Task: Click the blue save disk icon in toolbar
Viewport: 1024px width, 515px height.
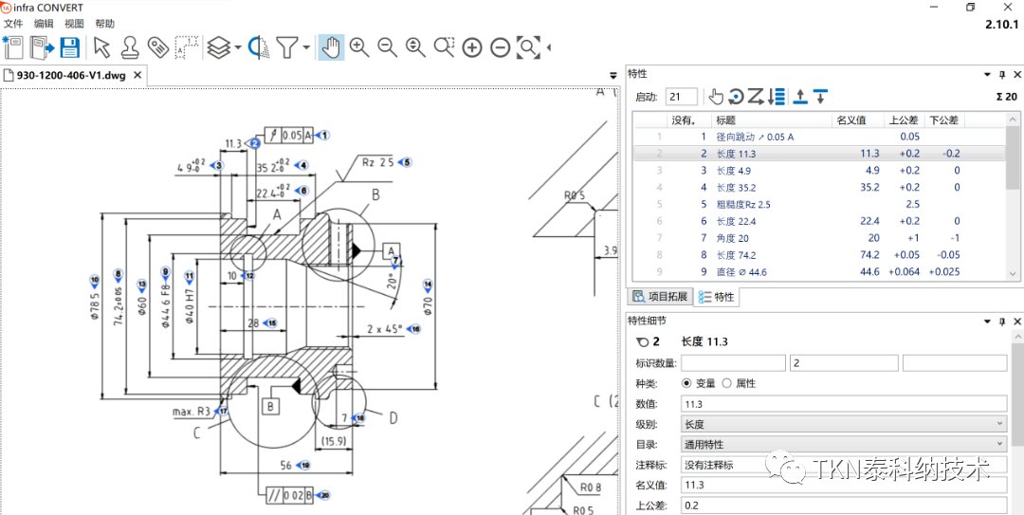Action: click(x=69, y=46)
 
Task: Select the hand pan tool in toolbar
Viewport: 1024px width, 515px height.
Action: click(x=330, y=46)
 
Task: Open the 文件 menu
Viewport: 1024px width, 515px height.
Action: click(x=13, y=24)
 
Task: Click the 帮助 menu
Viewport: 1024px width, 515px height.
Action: click(x=104, y=24)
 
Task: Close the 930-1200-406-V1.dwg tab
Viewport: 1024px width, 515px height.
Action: click(x=138, y=75)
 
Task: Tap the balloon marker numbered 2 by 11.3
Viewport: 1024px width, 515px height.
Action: click(x=255, y=143)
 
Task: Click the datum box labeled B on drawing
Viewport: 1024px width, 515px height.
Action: click(x=271, y=407)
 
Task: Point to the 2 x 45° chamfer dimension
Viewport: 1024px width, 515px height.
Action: click(x=384, y=329)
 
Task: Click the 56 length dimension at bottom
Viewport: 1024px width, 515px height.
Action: click(x=285, y=465)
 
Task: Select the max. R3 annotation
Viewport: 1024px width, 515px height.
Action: click(x=192, y=412)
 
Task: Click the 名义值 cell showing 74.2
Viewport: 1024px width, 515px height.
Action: click(x=869, y=255)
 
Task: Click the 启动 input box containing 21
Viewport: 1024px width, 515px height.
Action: click(x=682, y=97)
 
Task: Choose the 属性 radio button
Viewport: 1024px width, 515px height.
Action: click(x=727, y=383)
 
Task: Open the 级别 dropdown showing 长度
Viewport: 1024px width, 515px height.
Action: click(x=843, y=423)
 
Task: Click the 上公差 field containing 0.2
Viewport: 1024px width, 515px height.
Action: click(x=843, y=506)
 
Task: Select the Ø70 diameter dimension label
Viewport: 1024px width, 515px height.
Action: click(x=429, y=304)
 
